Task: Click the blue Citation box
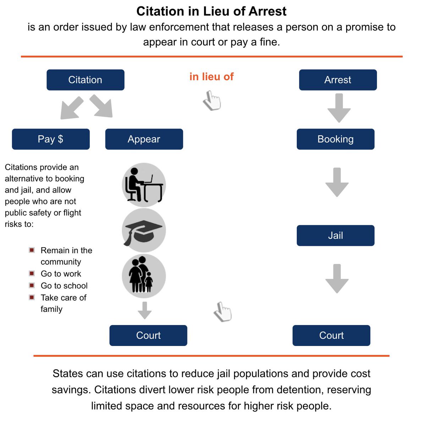coord(85,80)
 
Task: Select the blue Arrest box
coord(338,80)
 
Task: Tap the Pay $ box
coord(51,139)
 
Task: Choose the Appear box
coord(144,139)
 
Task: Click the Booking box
coord(335,139)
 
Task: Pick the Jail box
coord(335,236)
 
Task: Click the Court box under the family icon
coord(148,335)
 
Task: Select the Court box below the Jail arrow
coord(331,335)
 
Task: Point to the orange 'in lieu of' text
coord(212,77)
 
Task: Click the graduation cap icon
coord(144,231)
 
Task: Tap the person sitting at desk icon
coord(144,185)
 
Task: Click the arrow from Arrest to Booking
coord(339,108)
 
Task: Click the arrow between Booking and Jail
coord(337,182)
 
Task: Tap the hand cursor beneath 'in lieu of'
coord(212,101)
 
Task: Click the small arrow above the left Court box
coord(144,310)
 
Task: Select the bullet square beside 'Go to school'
coord(32,285)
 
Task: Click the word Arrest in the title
coord(267,11)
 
